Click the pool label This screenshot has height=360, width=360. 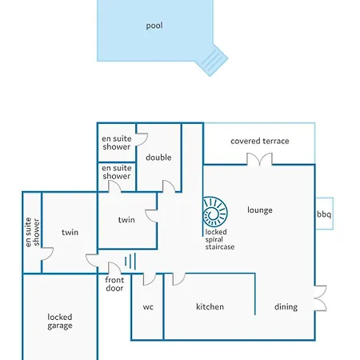[154, 26]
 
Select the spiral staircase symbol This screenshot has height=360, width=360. [215, 212]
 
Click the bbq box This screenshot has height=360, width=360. [324, 214]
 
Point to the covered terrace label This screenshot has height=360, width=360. [260, 141]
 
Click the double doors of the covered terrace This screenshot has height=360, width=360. [259, 159]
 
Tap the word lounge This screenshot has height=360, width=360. [260, 210]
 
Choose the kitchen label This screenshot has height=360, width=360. [210, 306]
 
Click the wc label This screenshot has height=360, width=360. [148, 307]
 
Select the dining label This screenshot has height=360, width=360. [286, 307]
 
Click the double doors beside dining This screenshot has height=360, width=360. [320, 298]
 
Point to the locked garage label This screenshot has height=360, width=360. [60, 322]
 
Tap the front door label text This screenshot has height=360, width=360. [114, 284]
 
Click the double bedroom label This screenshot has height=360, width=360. [158, 158]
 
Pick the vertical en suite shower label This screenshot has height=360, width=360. [32, 232]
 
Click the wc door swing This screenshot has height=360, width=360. [150, 279]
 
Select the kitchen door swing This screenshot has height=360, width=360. [179, 279]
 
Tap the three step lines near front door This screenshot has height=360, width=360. [130, 261]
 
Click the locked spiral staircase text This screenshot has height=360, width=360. [219, 239]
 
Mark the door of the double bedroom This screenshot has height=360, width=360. [169, 186]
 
